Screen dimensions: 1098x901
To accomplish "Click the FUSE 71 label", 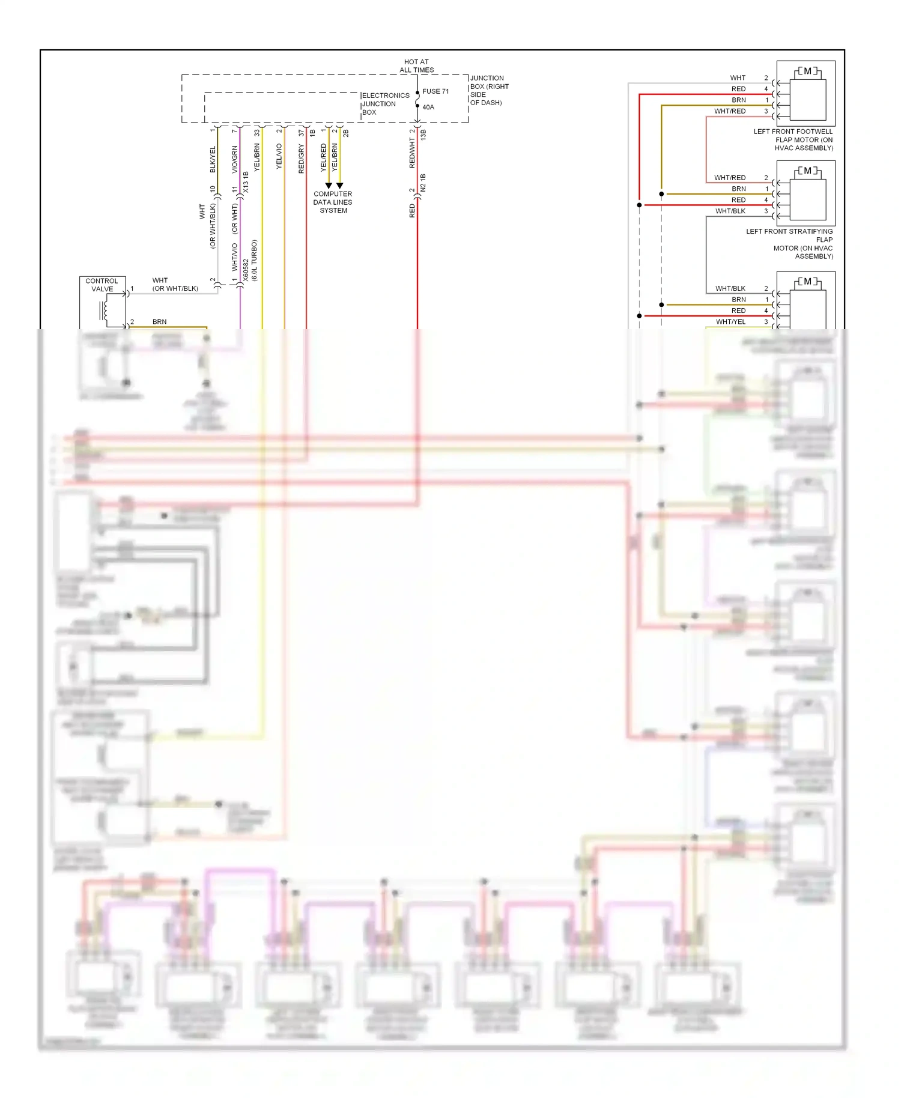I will (435, 91).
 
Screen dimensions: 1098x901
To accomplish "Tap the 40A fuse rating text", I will (428, 108).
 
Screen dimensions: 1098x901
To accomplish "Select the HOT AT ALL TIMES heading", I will (416, 66).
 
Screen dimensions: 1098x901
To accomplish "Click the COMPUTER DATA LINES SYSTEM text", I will (333, 202).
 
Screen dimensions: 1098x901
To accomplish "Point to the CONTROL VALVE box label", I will (102, 285).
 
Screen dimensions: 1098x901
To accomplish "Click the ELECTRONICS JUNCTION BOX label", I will (385, 104).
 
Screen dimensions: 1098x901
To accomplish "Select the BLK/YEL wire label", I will (213, 159).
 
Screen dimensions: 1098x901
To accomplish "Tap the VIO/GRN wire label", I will (235, 159).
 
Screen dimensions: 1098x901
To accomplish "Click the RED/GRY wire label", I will (302, 159).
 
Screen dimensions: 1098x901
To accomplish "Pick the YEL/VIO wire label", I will (279, 156).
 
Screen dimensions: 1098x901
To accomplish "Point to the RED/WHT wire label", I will (412, 153).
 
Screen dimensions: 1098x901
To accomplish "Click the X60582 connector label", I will (246, 270).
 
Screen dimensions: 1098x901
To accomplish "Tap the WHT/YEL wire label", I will (730, 322).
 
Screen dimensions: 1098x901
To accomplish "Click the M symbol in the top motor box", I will (807, 71).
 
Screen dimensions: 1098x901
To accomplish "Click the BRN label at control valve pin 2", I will (159, 322).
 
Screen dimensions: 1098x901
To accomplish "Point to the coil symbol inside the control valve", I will (104, 311).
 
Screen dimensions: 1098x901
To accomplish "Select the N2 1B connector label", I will (423, 183).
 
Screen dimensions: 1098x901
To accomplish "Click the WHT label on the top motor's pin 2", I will (738, 78).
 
